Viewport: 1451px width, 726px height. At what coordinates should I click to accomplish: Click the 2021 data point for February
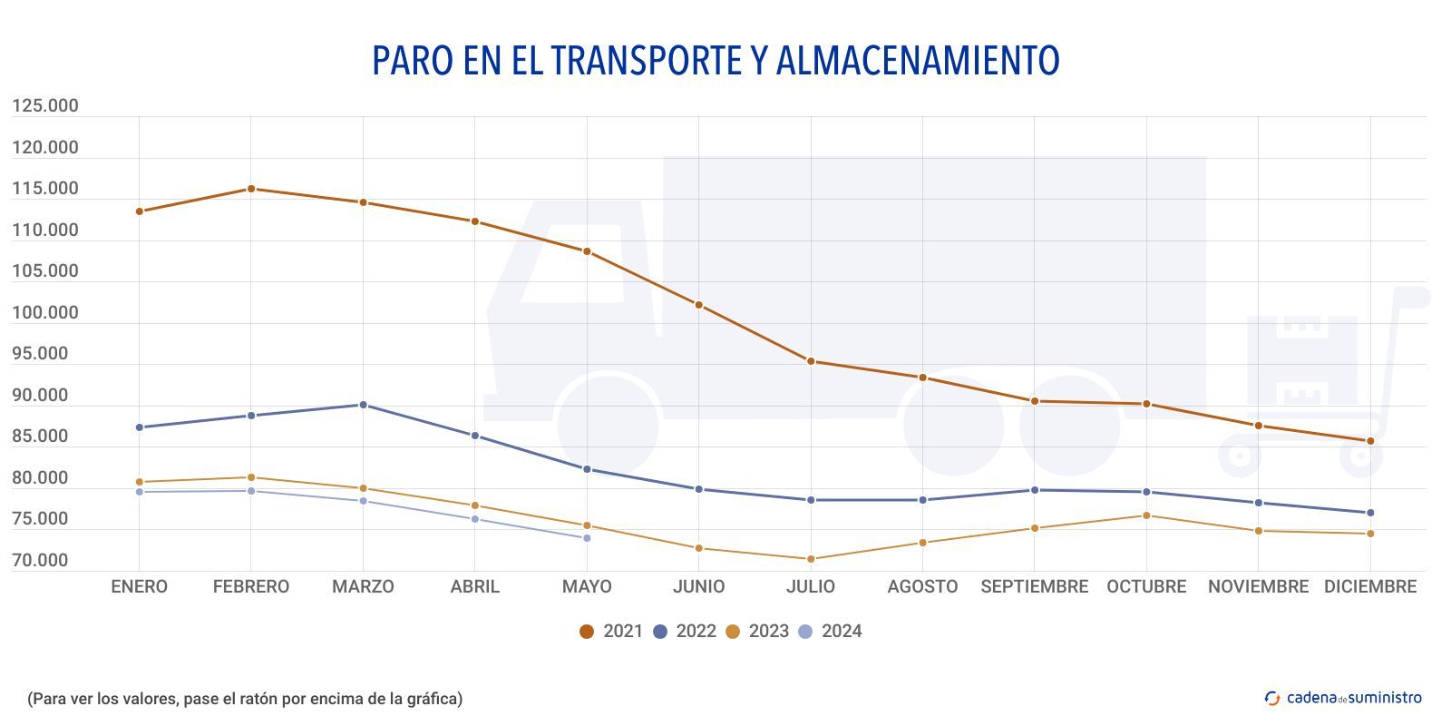point(251,189)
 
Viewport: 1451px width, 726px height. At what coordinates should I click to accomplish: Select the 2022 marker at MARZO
point(363,405)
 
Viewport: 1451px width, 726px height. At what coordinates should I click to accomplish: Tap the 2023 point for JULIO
point(811,559)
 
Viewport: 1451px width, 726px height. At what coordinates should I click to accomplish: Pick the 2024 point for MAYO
point(587,538)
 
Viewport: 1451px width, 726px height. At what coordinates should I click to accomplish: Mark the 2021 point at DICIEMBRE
point(1370,441)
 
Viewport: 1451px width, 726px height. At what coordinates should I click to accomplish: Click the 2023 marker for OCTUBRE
point(1146,515)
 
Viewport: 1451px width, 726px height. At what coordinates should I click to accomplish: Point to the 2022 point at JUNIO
point(699,489)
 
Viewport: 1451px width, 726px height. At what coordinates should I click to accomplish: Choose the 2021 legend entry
point(611,632)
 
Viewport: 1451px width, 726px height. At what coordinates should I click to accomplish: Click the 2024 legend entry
point(830,632)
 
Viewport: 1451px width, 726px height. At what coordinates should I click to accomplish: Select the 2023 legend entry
point(757,632)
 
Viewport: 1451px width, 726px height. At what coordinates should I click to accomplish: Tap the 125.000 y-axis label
point(45,106)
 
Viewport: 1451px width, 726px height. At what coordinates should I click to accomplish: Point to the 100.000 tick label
point(45,313)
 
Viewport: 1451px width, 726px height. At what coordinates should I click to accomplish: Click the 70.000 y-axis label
point(40,561)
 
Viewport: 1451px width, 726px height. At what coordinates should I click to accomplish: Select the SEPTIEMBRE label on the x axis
point(1034,587)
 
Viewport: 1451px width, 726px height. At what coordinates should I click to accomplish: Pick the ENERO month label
point(139,587)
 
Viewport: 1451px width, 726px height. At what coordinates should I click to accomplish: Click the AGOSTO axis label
point(922,587)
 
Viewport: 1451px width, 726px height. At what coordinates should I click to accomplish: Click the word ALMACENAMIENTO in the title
point(918,61)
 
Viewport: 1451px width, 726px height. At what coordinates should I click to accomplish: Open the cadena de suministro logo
point(1343,698)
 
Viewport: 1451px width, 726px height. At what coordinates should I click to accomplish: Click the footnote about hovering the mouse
point(245,699)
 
